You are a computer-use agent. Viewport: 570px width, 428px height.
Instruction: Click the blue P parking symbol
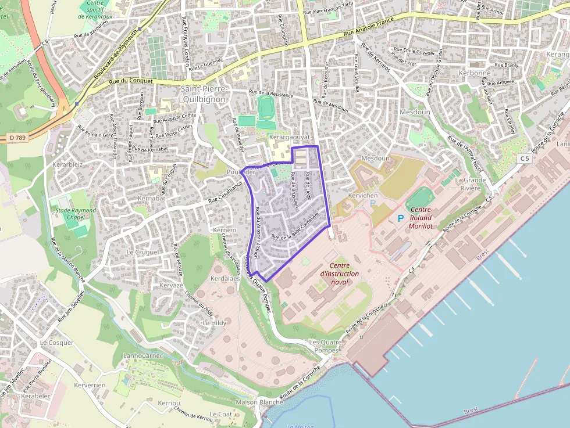coord(400,218)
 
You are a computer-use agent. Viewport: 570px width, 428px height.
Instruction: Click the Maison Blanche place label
coord(259,402)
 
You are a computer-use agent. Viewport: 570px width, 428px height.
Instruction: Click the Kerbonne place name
coord(474,73)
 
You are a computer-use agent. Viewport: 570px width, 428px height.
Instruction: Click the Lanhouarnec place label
coord(143,355)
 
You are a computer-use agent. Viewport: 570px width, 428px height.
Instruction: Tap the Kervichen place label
coord(363,196)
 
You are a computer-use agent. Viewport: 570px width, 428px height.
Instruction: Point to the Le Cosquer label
coord(56,343)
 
